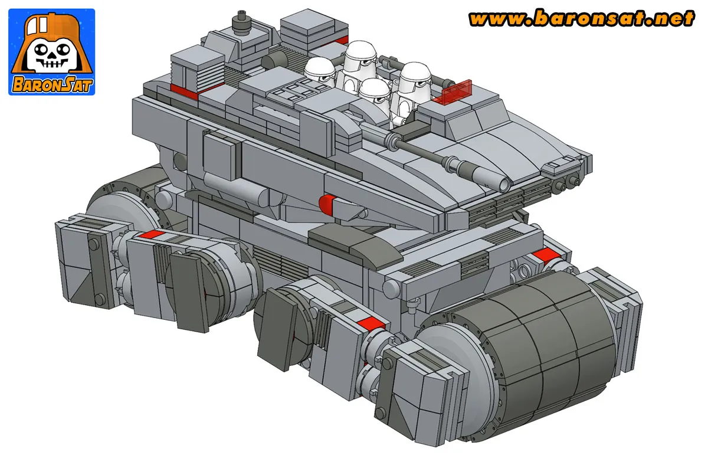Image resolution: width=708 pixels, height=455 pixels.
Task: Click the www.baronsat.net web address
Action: (x=581, y=19)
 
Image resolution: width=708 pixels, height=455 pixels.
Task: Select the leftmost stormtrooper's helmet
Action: (x=320, y=72)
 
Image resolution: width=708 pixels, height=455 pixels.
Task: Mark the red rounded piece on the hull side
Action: (x=327, y=203)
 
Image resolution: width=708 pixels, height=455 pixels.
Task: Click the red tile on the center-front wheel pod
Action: (x=372, y=323)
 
